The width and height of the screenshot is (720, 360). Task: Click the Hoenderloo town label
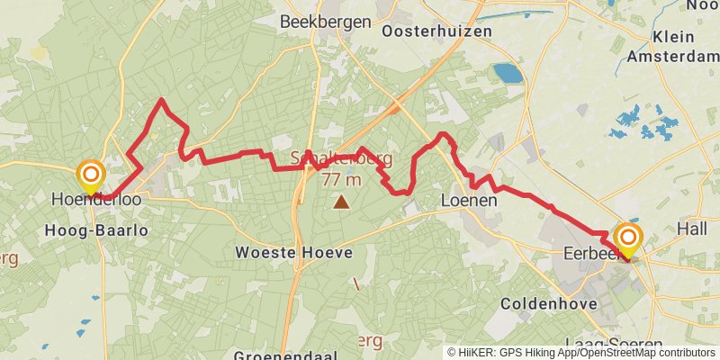(x=96, y=200)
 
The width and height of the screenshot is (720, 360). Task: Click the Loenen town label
(x=469, y=201)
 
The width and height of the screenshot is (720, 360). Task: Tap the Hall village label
(x=692, y=229)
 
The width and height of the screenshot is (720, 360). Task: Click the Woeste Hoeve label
(x=293, y=253)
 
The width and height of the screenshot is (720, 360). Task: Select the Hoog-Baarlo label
(x=95, y=231)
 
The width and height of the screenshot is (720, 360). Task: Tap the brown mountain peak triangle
(x=341, y=202)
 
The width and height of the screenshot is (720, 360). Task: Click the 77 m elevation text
(x=341, y=179)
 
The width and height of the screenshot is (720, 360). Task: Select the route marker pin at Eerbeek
(x=627, y=239)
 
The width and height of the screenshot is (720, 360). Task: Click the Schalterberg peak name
(x=340, y=158)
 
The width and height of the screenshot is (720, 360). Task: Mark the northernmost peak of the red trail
(x=161, y=100)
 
